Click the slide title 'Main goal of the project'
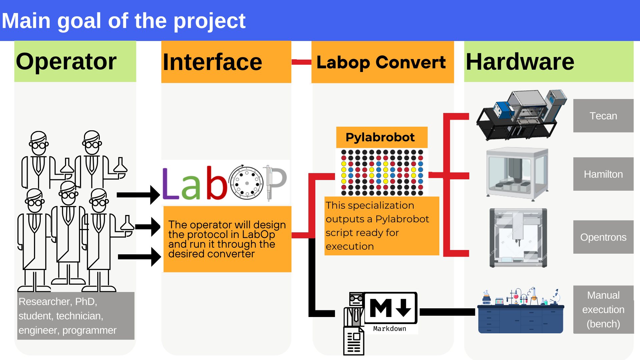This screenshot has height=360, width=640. pos(124,21)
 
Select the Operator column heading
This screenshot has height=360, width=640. pos(75,61)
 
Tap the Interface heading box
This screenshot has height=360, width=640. pos(226,62)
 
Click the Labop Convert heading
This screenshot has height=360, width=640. pos(382,62)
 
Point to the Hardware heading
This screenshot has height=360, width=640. pos(549,62)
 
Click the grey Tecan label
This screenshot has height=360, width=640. pos(603,116)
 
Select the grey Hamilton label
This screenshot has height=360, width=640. pos(603,174)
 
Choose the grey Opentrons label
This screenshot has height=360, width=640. pos(603,237)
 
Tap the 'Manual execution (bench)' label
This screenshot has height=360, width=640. pos(603,310)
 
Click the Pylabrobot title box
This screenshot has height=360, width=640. pos(382,137)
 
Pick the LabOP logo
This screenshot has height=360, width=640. pos(225,182)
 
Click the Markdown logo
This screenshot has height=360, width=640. pos(390,312)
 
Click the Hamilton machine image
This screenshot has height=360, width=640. pos(517,174)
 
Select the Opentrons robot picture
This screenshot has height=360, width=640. pos(518,238)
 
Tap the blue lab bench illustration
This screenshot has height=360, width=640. pos(521,311)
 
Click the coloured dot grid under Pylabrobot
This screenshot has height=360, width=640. pos(382,172)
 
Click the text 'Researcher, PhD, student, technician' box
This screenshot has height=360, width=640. pos(76,316)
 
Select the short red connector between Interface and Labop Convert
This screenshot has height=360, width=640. pos(302,62)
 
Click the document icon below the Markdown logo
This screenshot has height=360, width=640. pos(354,341)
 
